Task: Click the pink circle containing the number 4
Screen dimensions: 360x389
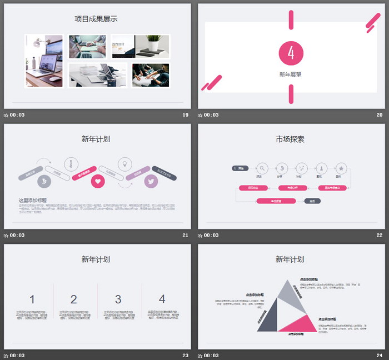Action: coord(291,53)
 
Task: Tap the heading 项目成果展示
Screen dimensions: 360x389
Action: coord(96,19)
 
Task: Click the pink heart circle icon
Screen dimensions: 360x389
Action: coord(98,181)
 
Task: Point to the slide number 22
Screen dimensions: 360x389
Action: coord(380,235)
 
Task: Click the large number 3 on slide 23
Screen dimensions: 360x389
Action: coord(118,299)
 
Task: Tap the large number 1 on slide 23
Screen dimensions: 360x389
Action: coord(32,299)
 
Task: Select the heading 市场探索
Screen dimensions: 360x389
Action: coord(290,139)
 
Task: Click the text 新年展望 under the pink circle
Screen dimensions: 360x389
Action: coord(291,74)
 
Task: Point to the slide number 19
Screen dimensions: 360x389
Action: coord(186,115)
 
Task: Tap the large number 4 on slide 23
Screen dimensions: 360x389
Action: coord(162,299)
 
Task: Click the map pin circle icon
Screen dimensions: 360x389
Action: coord(124,164)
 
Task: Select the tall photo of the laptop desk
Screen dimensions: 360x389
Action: coord(44,61)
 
